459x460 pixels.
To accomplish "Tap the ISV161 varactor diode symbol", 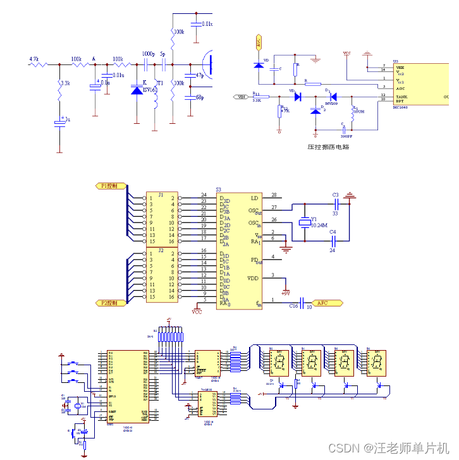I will coord(137,90).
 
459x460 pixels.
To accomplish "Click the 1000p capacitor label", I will coord(148,55).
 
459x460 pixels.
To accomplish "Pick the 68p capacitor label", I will coord(199,97).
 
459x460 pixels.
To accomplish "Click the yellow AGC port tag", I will coord(257,42).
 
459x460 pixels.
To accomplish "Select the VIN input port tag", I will coord(241,97).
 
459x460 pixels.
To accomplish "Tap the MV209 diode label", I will coord(331,103).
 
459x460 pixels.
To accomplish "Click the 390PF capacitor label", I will coord(346,135).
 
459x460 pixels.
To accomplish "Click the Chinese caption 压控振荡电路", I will coord(328,147).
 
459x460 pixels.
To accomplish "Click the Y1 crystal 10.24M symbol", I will coord(303,222).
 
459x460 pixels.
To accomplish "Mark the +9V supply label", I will coord(286,293).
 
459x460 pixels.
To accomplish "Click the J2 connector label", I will coord(161,250).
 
